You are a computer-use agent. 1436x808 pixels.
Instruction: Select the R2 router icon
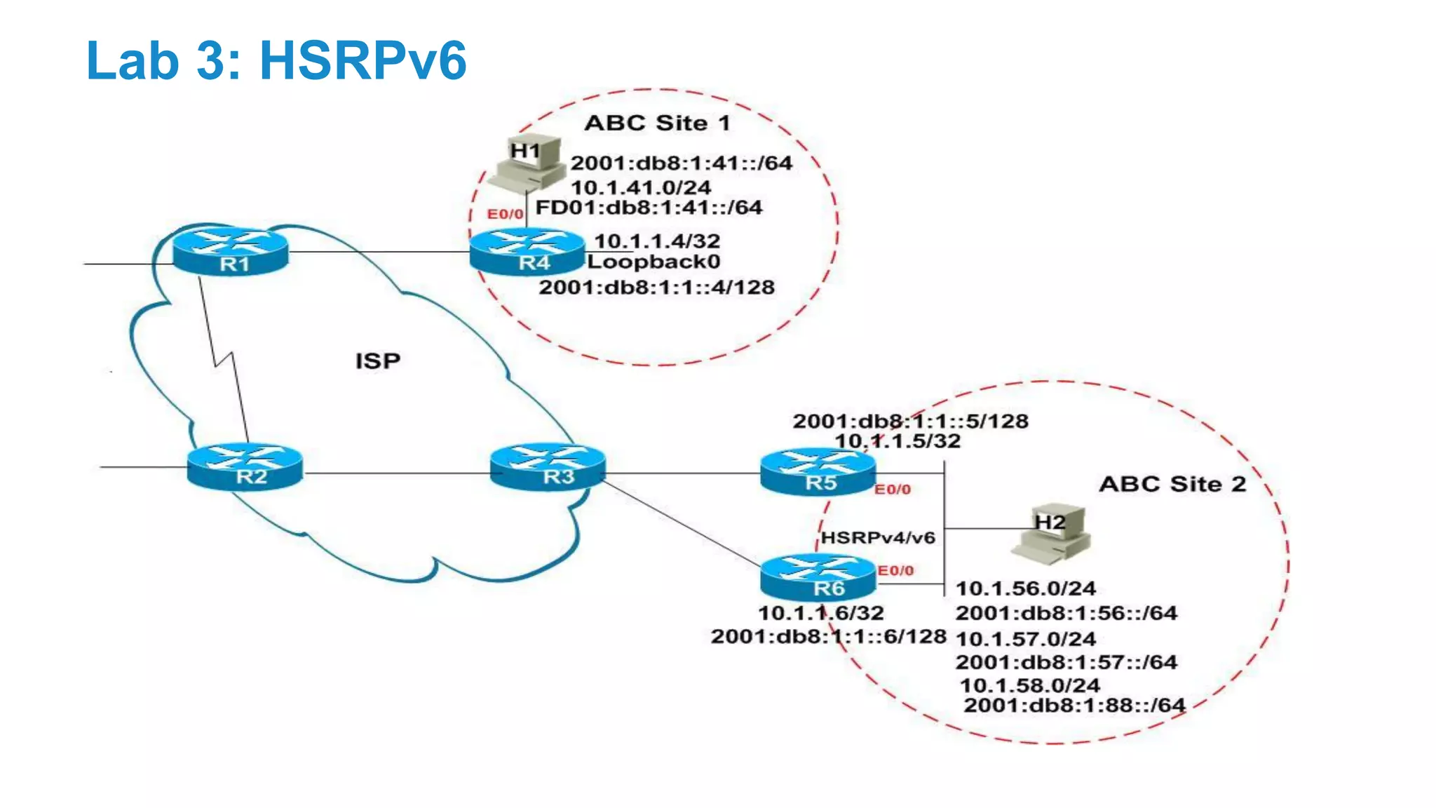click(245, 466)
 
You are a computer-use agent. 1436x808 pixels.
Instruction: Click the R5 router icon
click(818, 472)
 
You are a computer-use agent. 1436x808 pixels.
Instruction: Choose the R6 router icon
click(818, 577)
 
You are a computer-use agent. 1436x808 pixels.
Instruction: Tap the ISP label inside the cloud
click(377, 361)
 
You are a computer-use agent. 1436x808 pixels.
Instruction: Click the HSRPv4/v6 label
click(878, 538)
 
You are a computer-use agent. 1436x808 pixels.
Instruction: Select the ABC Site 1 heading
click(657, 123)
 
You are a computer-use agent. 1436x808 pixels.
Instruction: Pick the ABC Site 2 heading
click(1172, 484)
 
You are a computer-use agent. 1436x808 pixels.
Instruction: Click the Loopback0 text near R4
click(653, 262)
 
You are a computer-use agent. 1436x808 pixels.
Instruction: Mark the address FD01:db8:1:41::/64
click(649, 208)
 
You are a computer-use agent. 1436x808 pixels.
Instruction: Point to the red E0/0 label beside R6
click(895, 571)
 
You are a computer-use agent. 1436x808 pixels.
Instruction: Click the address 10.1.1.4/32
click(657, 241)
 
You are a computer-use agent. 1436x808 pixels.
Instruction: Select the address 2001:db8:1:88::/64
click(1074, 705)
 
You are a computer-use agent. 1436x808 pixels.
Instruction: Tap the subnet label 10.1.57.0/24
click(1026, 639)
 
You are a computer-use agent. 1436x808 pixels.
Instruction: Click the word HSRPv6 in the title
click(363, 60)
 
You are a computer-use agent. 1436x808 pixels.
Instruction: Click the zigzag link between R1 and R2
click(223, 361)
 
